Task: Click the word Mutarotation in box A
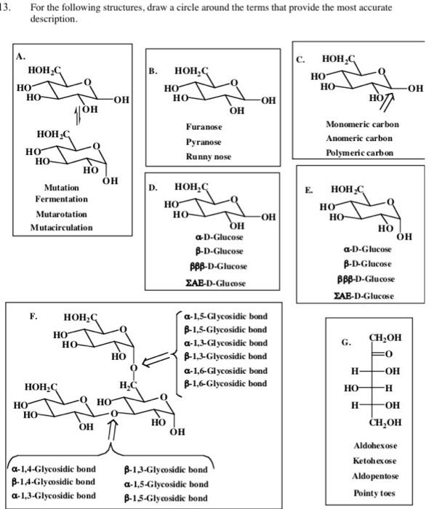[x=62, y=215]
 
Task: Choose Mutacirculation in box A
[x=62, y=228]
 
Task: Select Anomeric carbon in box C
[x=359, y=139]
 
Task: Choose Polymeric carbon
[x=359, y=153]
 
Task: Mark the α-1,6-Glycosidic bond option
[x=226, y=370]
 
